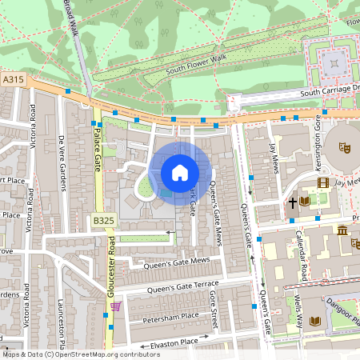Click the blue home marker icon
point(180,173)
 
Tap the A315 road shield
point(13,80)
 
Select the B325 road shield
point(102,220)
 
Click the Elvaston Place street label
point(167,342)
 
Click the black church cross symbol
point(294,203)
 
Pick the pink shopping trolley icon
point(116,305)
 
